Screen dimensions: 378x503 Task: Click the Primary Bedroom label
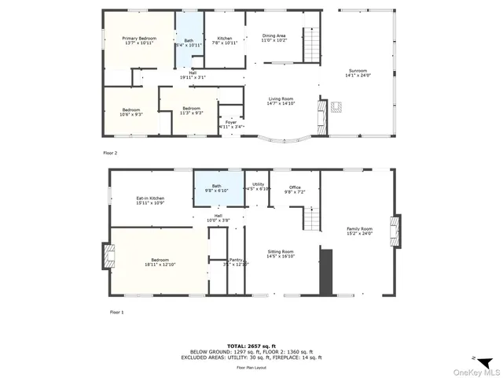(x=138, y=39)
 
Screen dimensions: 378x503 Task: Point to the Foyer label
(x=231, y=123)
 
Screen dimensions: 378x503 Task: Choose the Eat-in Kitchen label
(x=150, y=198)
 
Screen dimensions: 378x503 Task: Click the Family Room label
(x=360, y=229)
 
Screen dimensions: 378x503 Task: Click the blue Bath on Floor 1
(x=216, y=187)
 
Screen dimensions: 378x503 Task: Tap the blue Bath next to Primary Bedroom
(x=188, y=41)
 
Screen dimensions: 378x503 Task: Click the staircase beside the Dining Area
(x=312, y=44)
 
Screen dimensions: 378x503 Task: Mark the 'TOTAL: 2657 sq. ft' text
(x=251, y=346)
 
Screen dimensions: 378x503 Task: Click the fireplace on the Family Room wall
(x=395, y=230)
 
